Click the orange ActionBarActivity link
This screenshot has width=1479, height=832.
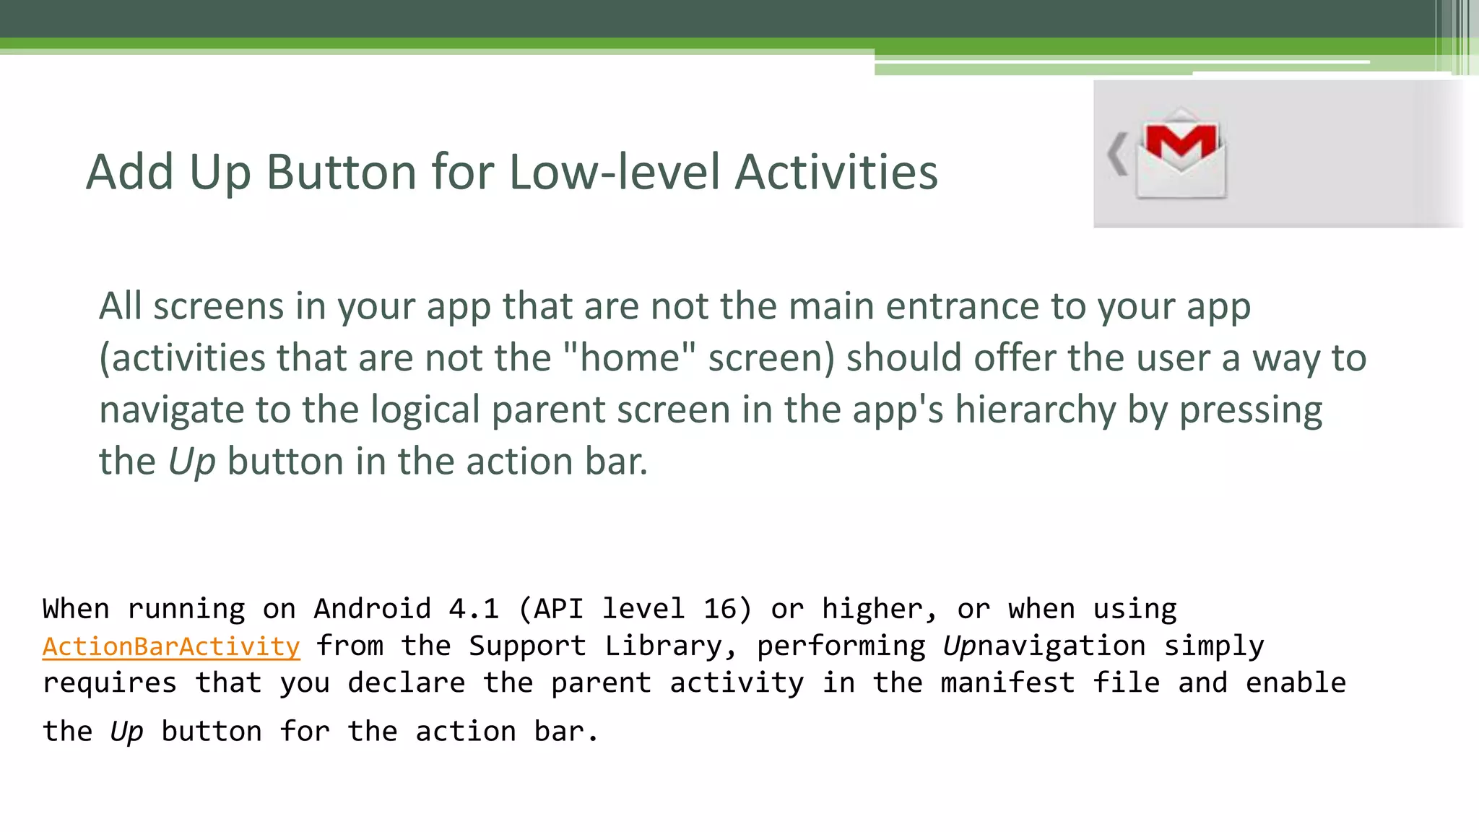(x=171, y=646)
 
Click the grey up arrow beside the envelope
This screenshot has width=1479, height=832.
(x=1117, y=154)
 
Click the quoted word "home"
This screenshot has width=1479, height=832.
(x=629, y=358)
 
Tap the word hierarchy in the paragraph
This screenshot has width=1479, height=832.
(x=1035, y=409)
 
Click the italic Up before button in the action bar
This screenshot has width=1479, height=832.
(x=191, y=462)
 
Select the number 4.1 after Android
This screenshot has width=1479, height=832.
(x=474, y=609)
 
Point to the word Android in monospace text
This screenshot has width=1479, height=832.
(x=372, y=609)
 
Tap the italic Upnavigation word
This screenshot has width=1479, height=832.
(x=1044, y=646)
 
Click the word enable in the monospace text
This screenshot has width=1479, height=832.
(x=1296, y=683)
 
